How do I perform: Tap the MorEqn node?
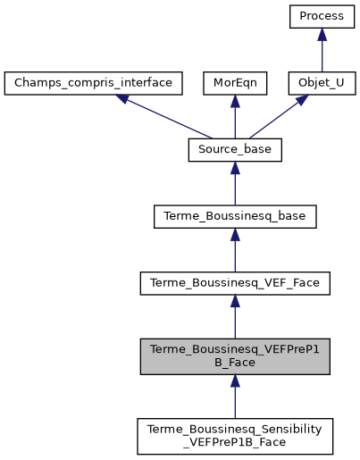pyautogui.click(x=235, y=83)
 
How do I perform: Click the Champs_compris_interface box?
pyautogui.click(x=94, y=83)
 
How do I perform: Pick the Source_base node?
pyautogui.click(x=235, y=150)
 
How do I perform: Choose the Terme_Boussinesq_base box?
pyautogui.click(x=235, y=217)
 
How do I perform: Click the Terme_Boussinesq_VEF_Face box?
pyautogui.click(x=235, y=284)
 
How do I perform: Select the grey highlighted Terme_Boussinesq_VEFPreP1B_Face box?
pyautogui.click(x=235, y=356)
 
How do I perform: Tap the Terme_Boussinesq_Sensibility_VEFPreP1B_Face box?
pyautogui.click(x=235, y=434)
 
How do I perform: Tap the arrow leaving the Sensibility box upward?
pyautogui.click(x=235, y=397)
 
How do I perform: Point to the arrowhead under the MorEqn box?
pyautogui.click(x=235, y=103)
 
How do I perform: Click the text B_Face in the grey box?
pyautogui.click(x=235, y=364)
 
